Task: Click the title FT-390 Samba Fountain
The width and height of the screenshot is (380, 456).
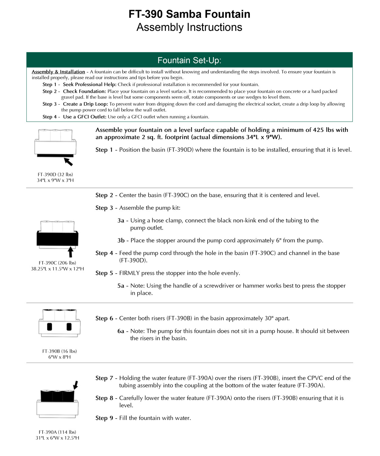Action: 189,14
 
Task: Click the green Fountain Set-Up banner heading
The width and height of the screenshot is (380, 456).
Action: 189,60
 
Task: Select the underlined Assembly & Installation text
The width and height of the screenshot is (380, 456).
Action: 58,72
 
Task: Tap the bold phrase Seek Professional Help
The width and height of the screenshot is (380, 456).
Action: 89,85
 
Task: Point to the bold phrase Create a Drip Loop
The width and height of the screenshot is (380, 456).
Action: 85,104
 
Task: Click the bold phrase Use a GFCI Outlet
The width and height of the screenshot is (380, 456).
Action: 85,117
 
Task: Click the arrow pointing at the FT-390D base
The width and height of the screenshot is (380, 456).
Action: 69,161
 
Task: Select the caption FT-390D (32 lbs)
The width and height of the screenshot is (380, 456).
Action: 55,174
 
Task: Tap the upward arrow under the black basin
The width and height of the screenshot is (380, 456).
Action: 71,252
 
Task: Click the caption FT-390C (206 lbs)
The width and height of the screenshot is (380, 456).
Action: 57,263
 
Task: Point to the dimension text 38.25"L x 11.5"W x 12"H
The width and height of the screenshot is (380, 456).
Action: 57,269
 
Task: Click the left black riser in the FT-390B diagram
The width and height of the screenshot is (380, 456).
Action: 50,327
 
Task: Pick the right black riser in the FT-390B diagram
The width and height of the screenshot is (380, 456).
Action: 69,327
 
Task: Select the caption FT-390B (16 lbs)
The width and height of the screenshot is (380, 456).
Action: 60,351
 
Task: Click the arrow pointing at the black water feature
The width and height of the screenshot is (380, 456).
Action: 76,385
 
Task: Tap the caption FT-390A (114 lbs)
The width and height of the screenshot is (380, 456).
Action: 57,432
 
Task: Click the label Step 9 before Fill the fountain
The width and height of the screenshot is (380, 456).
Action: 104,418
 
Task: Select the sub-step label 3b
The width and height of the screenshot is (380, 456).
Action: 121,240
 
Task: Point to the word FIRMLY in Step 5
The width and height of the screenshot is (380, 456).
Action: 129,273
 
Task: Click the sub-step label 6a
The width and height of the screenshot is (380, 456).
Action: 121,331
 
